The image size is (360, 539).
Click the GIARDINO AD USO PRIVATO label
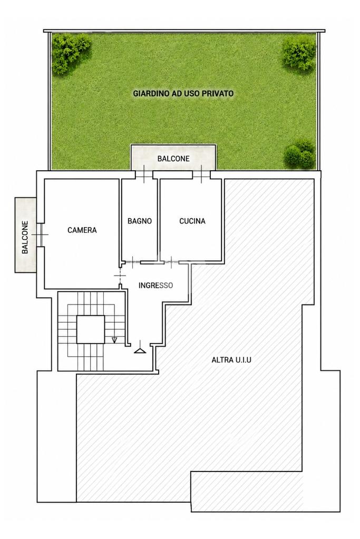point(183,93)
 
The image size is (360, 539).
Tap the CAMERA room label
point(82,230)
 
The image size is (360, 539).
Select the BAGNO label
point(140,221)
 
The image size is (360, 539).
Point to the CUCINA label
point(192,221)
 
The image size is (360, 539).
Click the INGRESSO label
point(155,286)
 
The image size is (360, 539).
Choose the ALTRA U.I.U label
point(231,360)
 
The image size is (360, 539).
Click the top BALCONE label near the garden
point(173,159)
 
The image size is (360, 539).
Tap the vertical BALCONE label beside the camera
point(25,237)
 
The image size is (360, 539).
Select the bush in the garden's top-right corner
point(299,52)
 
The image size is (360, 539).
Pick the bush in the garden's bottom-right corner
point(300,153)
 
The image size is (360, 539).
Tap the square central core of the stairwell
point(91,329)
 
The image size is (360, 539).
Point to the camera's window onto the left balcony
point(40,234)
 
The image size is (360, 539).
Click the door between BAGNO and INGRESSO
point(133,262)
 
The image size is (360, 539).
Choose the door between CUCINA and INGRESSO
point(171,262)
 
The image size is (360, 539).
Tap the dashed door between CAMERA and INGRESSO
point(120,276)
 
